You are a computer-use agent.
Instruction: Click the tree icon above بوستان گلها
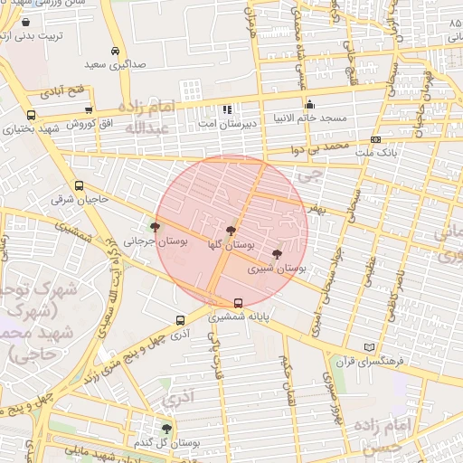[231, 231]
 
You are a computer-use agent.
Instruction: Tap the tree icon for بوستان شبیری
[277, 255]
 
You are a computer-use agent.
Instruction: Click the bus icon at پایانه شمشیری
[238, 303]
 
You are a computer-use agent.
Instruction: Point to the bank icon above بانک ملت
[375, 140]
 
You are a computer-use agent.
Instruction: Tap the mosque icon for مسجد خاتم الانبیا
[310, 104]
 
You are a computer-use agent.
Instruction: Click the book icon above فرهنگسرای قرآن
[367, 347]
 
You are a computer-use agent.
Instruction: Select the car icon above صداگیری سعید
[115, 52]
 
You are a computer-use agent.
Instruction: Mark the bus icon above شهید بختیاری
[32, 116]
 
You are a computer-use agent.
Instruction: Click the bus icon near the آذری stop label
[181, 319]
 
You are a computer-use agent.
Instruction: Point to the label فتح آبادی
[64, 91]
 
